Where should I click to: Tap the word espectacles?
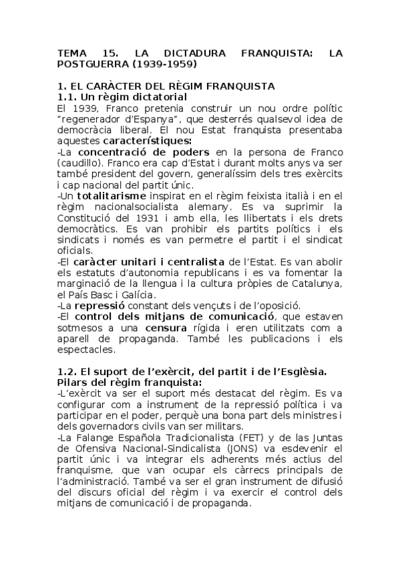pos(86,349)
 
